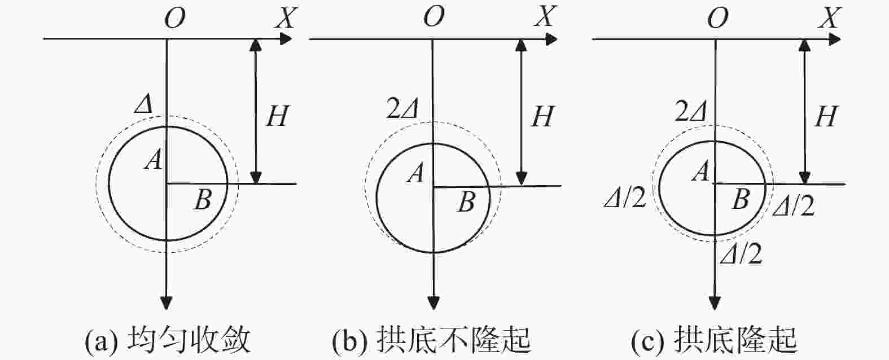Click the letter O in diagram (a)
(x=175, y=18)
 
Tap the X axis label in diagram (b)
(x=546, y=16)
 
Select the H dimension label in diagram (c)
(x=826, y=116)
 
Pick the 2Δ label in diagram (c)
(x=691, y=112)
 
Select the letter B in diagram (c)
(x=741, y=199)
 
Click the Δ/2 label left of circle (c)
(x=625, y=198)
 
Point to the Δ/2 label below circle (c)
(x=741, y=254)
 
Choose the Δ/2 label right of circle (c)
(x=794, y=206)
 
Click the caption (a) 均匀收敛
(x=168, y=341)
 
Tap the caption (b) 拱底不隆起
(x=432, y=341)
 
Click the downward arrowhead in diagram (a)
(x=167, y=303)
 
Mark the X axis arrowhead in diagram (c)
(x=834, y=39)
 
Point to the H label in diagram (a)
(x=277, y=116)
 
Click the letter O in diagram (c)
(x=718, y=18)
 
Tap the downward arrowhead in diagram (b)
(x=434, y=303)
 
